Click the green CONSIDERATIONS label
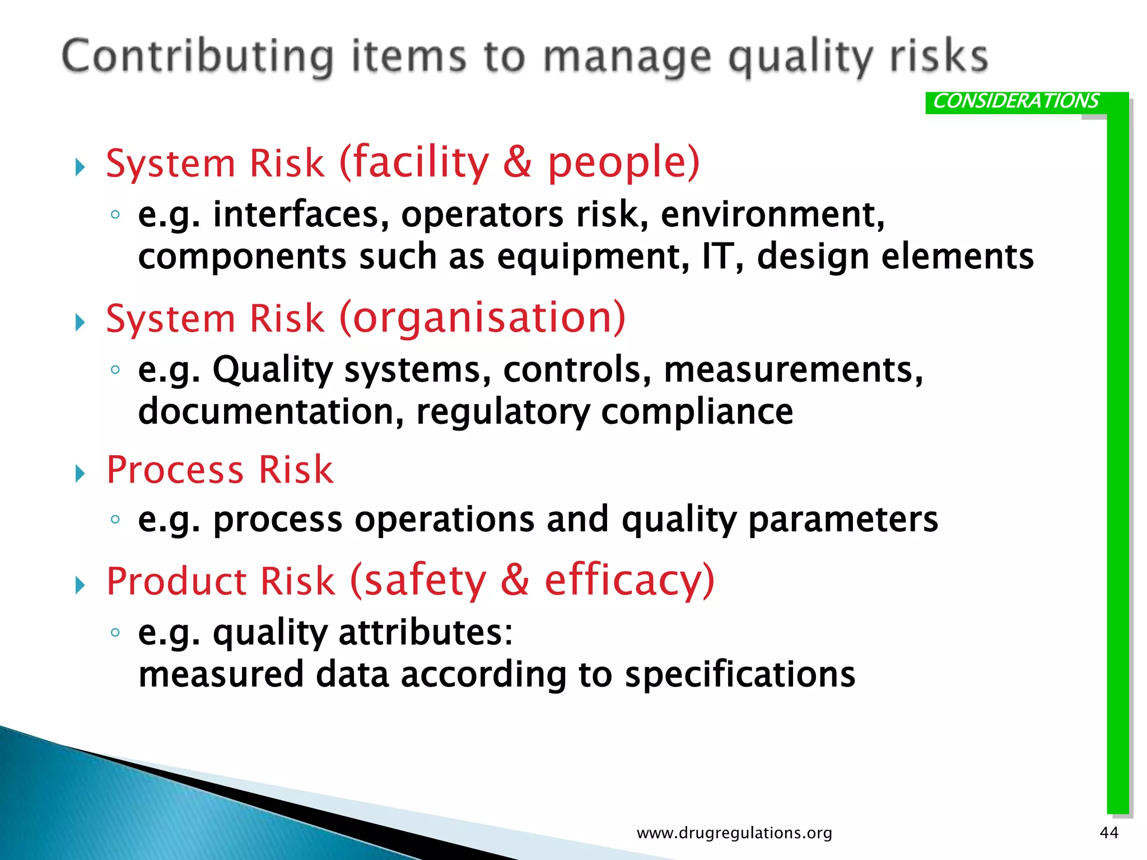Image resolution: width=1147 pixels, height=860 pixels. click(1015, 101)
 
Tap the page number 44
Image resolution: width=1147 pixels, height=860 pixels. click(1109, 833)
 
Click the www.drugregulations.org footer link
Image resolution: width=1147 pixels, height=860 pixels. click(734, 833)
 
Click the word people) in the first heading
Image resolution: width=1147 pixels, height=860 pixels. click(623, 163)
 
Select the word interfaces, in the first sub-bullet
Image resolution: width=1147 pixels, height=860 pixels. click(301, 214)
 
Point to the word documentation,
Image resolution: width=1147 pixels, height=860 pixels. click(271, 412)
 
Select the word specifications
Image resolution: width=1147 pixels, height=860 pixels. click(740, 674)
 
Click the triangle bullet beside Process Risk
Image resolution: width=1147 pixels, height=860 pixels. click(80, 474)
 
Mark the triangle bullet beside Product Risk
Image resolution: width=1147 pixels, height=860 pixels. click(80, 586)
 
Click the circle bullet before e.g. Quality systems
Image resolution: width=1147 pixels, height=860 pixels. click(115, 369)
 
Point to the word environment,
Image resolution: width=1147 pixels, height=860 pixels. click(772, 214)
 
